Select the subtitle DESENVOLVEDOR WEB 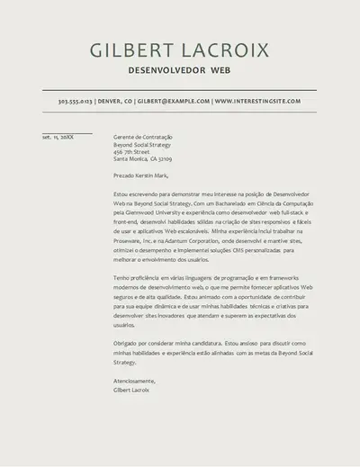179,69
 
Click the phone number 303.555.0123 75,102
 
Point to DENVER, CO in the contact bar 114,102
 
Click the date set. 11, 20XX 58,137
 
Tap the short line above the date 67,132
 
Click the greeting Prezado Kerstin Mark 141,175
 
